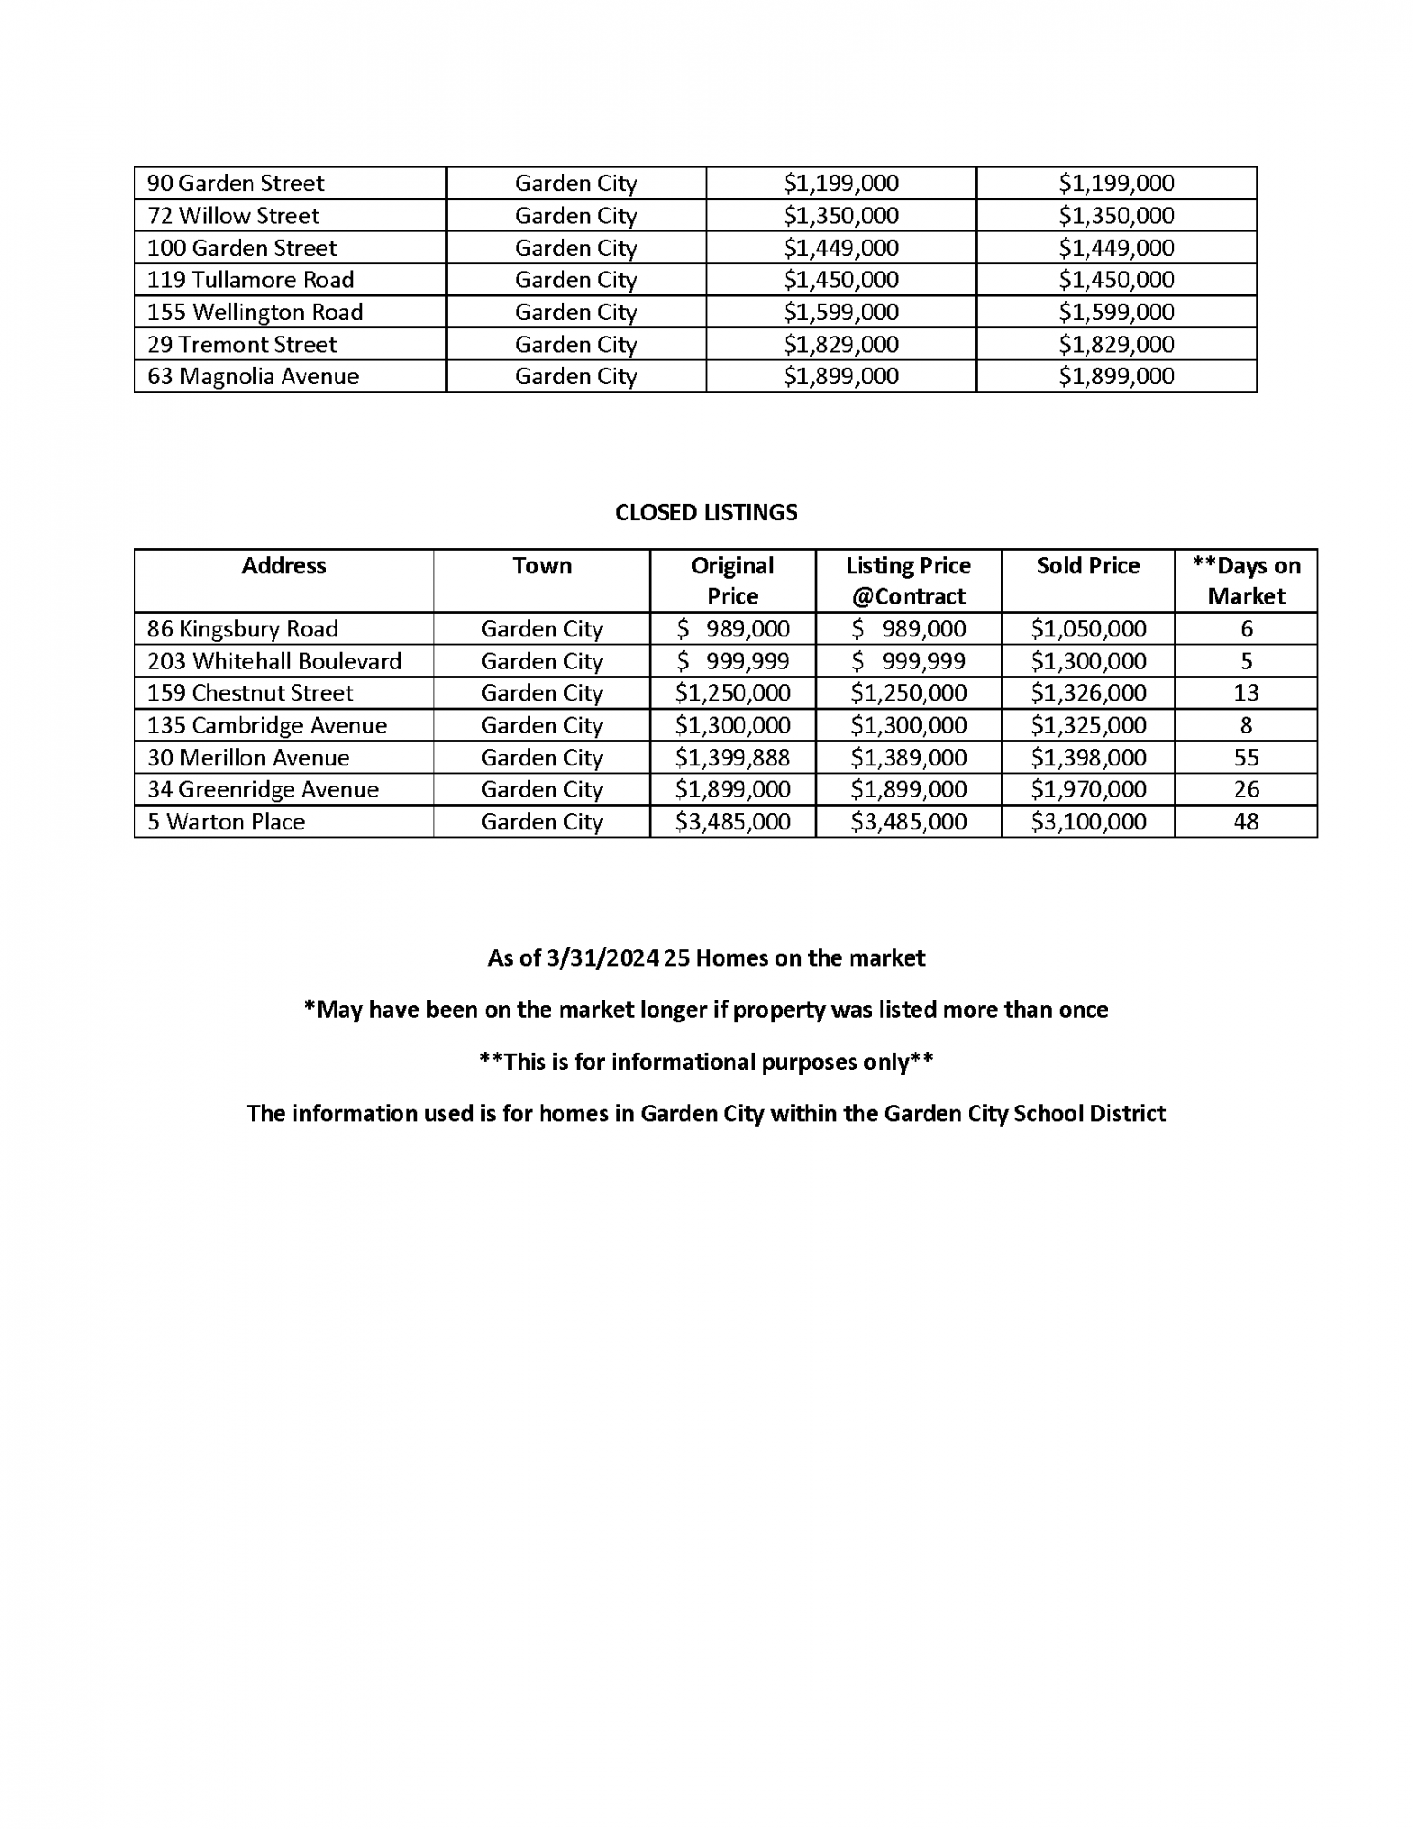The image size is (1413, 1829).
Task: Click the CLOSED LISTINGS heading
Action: [706, 512]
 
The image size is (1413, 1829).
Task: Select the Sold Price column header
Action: [1087, 566]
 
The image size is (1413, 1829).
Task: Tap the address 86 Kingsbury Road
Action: [242, 629]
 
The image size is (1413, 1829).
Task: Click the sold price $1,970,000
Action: [1087, 789]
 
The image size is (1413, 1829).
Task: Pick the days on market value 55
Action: [1246, 757]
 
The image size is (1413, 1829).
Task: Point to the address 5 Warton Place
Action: [226, 821]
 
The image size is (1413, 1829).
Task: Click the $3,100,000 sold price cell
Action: [1087, 821]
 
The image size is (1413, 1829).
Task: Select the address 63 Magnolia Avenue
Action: [252, 377]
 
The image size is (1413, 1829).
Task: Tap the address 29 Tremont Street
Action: [241, 345]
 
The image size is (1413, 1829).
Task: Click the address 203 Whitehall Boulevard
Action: [274, 661]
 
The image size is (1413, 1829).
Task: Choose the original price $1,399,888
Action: [732, 757]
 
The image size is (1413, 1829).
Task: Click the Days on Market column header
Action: [1246, 581]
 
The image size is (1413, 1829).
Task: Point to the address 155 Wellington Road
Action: [255, 313]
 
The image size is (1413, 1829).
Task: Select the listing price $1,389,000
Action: [908, 757]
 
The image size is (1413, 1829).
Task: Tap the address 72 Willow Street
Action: [233, 216]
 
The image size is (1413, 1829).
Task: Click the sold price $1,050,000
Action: [1087, 629]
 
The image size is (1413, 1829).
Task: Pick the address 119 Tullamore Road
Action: [251, 280]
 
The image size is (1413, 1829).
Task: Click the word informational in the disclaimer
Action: [682, 1062]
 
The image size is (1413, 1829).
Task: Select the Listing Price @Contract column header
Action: [908, 581]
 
